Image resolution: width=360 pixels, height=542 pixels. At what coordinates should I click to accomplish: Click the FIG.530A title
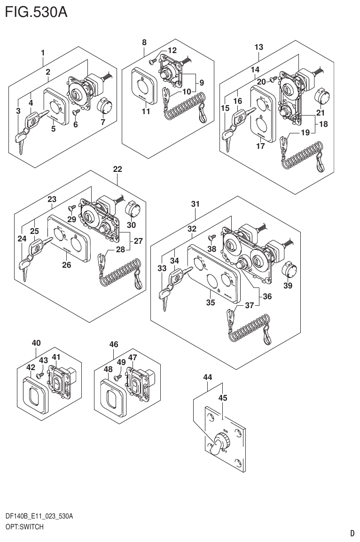point(36,11)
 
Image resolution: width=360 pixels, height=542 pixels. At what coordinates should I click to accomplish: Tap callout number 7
point(103,123)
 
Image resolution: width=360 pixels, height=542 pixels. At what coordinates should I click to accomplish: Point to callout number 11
point(146,112)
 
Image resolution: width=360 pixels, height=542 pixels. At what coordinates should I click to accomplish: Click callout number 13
point(258,47)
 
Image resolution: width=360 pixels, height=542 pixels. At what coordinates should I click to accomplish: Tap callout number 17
point(261,146)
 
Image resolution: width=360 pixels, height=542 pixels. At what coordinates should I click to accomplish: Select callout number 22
point(117,169)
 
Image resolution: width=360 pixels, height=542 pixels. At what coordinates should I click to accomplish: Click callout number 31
point(195,204)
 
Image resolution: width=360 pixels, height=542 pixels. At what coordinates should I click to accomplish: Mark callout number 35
point(211,302)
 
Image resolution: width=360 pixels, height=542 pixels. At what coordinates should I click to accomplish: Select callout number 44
point(208,377)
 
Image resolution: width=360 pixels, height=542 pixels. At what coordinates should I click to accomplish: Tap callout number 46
point(113,344)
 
